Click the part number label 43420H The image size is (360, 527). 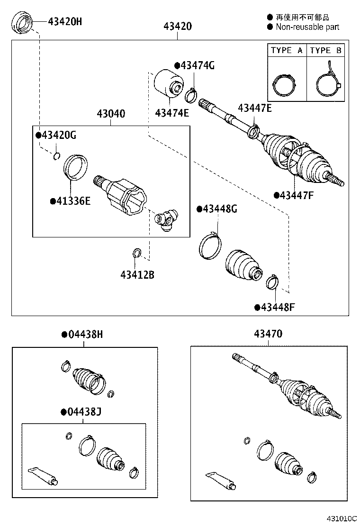[64, 21]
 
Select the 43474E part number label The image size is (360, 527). [172, 112]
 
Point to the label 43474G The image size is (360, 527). [197, 66]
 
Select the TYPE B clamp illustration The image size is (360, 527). [328, 84]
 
